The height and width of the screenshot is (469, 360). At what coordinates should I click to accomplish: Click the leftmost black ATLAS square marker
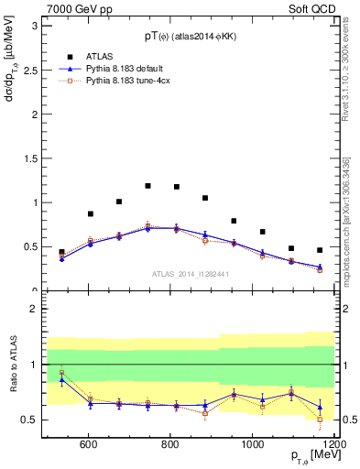61,252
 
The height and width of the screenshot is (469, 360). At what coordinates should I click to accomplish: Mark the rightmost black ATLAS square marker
320,250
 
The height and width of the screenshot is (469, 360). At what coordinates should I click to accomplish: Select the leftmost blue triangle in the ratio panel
61,379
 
